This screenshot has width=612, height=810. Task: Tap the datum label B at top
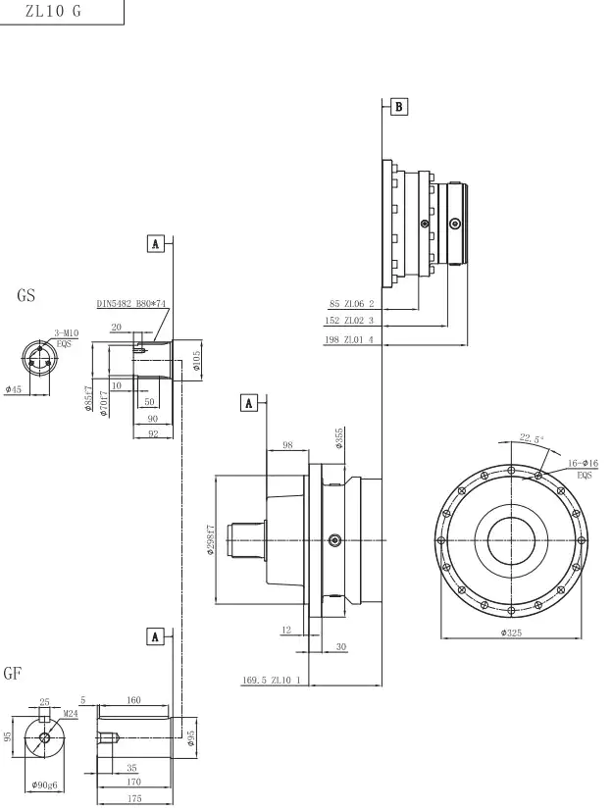399,105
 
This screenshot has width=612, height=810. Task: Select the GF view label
13,674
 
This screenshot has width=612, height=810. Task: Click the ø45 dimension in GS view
14,389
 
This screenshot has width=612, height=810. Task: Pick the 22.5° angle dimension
531,439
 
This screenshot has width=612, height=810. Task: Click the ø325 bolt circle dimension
510,633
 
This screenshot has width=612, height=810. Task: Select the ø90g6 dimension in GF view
43,785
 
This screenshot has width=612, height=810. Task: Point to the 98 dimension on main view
287,445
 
